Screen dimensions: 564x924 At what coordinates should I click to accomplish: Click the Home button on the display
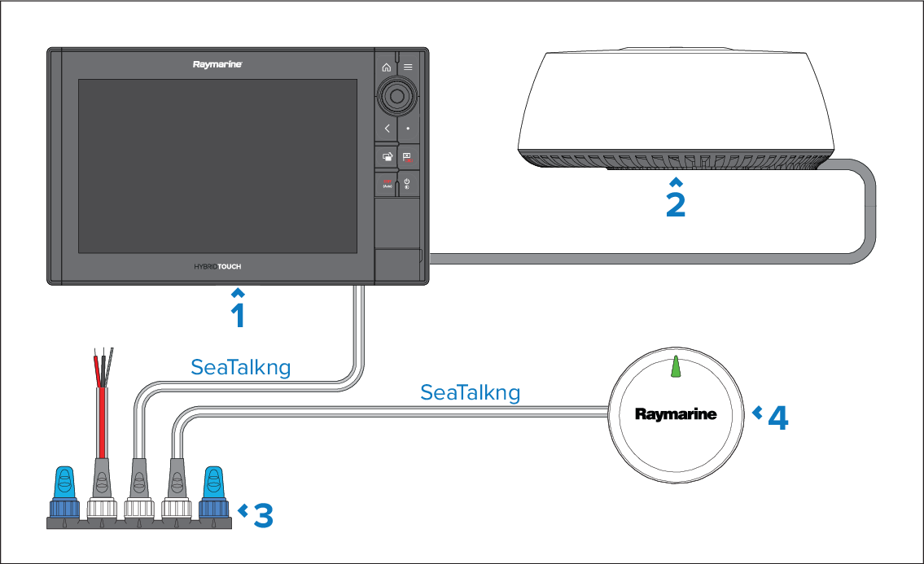[387, 68]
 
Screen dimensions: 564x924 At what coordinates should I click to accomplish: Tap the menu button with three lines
[408, 68]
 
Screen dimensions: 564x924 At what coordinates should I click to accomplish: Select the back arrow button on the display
[387, 129]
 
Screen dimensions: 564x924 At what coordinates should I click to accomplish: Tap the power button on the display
[408, 182]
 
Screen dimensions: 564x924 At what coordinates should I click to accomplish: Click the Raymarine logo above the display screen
[217, 64]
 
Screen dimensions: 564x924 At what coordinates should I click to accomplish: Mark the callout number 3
[263, 515]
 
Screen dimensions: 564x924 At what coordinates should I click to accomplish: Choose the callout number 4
[778, 418]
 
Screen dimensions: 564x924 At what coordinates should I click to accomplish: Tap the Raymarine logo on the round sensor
[676, 414]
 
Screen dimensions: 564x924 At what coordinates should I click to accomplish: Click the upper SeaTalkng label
[240, 367]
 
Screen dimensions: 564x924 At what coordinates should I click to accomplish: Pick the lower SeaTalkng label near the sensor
[470, 393]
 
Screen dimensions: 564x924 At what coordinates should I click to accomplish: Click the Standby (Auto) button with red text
[387, 183]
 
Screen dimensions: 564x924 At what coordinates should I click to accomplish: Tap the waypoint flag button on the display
[408, 157]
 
